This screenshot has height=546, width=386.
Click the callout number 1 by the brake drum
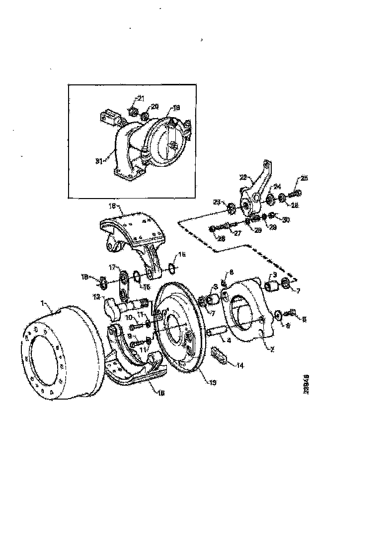(43, 302)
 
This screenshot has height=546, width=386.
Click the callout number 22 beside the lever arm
(243, 177)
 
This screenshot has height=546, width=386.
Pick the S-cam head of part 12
(113, 308)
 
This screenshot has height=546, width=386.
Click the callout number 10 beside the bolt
(128, 317)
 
